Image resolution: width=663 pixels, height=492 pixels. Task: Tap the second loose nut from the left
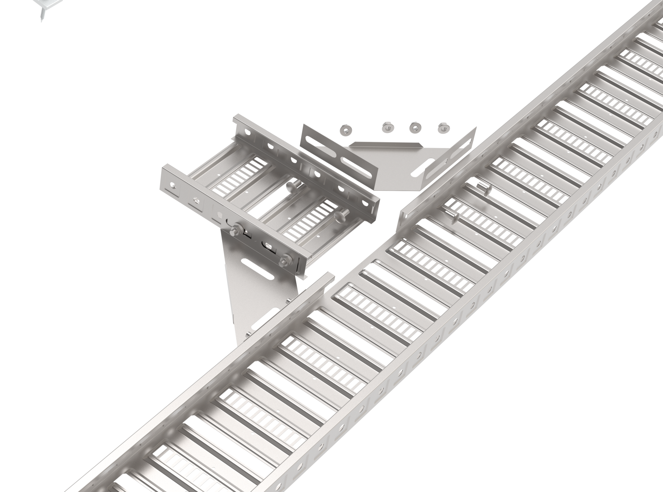[x=387, y=127]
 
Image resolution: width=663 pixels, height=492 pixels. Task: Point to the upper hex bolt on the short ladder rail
[x=234, y=229]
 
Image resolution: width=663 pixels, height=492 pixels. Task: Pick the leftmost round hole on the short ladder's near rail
[x=172, y=184]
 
